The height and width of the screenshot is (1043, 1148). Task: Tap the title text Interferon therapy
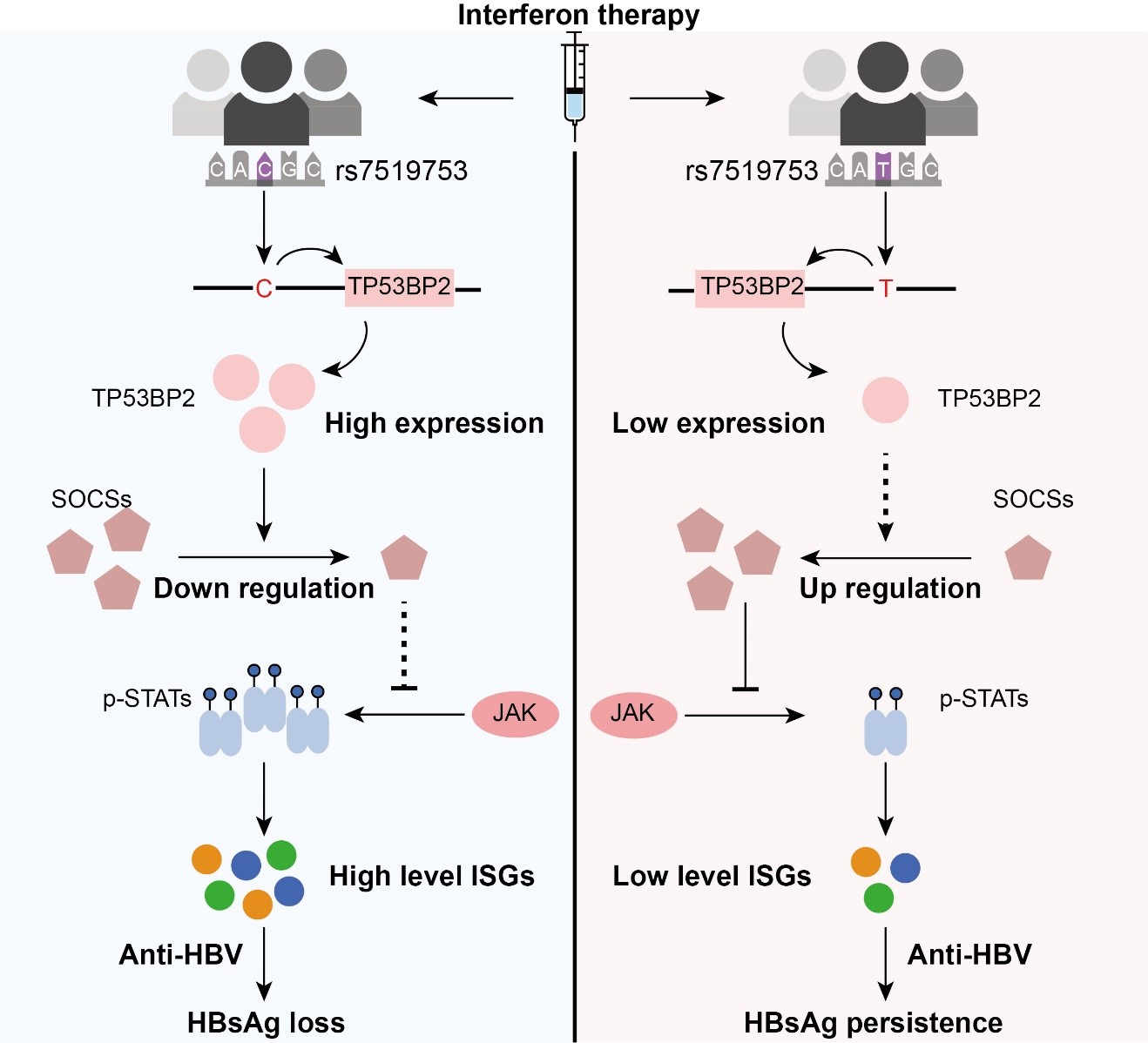coord(578,15)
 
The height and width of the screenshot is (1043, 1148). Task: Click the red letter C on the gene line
coord(264,288)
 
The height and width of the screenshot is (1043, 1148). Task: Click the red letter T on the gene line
coord(885,288)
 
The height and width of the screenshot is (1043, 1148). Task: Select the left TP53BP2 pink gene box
coord(400,287)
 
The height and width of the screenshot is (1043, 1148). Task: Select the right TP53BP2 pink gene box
coord(752,287)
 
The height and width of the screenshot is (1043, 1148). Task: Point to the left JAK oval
coord(515,714)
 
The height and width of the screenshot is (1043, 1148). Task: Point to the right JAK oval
coord(633,714)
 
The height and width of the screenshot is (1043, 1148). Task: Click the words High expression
coord(434,423)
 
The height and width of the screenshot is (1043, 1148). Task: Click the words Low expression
coord(719,423)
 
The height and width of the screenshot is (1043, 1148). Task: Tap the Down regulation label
coord(264,589)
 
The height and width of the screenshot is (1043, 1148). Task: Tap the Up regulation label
coord(890,589)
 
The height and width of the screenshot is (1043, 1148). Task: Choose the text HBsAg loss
coord(266,1023)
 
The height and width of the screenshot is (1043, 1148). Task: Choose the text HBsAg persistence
coord(873,1023)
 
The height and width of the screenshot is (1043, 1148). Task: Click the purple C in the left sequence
coord(265,169)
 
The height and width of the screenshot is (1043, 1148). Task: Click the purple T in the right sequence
coord(883,169)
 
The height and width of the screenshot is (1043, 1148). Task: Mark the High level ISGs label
coord(431,876)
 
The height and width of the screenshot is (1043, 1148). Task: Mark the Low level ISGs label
coord(712,876)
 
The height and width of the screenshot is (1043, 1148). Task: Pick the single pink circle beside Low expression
coord(885,400)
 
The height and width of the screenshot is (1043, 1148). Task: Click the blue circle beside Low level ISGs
coord(905,868)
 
